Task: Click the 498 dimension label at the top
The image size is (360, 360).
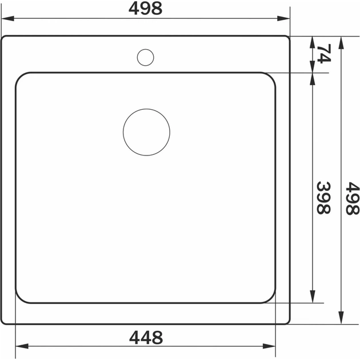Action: [x=145, y=9]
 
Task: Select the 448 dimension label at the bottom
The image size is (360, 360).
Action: [x=146, y=337]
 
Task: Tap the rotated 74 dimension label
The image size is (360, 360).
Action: [x=324, y=54]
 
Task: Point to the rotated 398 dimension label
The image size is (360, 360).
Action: [x=323, y=198]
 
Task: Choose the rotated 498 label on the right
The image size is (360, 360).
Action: [x=353, y=198]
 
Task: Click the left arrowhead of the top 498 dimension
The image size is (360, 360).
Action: [x=8, y=18]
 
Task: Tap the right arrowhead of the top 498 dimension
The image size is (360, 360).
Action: [x=283, y=18]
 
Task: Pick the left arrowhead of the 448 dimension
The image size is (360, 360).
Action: [x=22, y=346]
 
